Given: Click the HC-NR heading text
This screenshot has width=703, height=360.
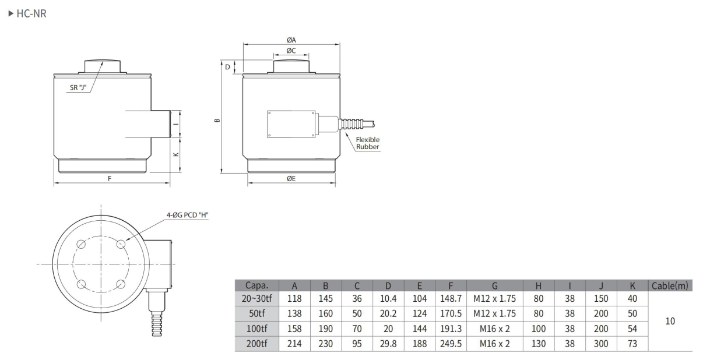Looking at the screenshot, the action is (x=31, y=13).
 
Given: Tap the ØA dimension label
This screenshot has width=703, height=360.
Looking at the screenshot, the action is (x=291, y=40).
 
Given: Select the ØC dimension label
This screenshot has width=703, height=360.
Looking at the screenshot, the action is (x=291, y=51).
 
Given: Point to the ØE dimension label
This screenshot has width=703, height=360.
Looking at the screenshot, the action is (x=291, y=178).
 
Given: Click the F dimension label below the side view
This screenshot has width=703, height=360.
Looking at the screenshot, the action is (x=110, y=178).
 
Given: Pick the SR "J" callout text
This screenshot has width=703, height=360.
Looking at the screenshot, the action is (x=78, y=87).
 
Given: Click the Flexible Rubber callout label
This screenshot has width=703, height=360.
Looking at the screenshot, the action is (x=367, y=143).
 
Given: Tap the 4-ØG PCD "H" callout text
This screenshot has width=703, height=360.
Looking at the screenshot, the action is (x=187, y=215).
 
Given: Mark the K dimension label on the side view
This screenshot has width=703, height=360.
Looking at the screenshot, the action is (x=176, y=154).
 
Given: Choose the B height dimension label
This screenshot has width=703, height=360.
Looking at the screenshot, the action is (x=217, y=120).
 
